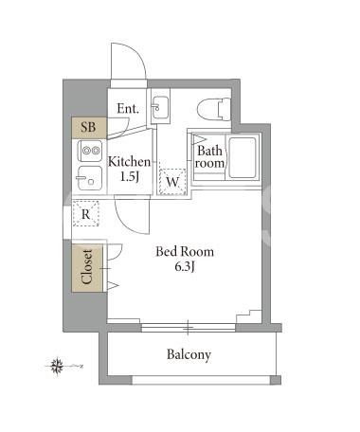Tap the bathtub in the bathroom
(243, 157)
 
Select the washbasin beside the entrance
(160, 107)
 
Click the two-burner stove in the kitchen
(91, 151)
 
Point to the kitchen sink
(90, 178)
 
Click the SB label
(88, 127)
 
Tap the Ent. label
(128, 109)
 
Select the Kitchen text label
(130, 162)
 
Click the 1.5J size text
(130, 177)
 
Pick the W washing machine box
(172, 182)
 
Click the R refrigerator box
(85, 214)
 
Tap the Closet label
(87, 267)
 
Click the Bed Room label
(185, 252)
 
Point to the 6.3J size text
(185, 267)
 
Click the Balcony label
(189, 354)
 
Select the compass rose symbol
(58, 367)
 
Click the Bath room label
(209, 156)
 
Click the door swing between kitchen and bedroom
(132, 215)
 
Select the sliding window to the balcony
(189, 328)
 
